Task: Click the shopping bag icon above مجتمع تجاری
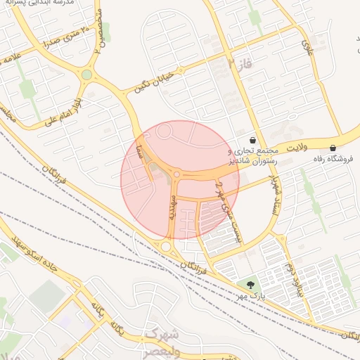[252, 140]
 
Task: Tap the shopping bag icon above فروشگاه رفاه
[333, 148]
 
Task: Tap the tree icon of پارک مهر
[250, 285]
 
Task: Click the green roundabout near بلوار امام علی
[86, 74]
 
